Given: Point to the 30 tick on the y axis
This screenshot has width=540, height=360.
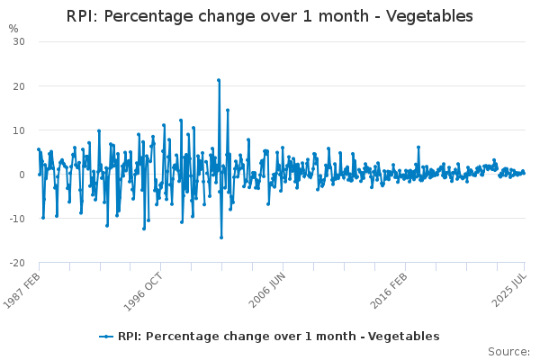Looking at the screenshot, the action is click(19, 41).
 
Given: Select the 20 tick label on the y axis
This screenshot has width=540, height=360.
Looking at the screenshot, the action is click(19, 86).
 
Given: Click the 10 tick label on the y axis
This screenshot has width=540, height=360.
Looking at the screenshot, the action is click(19, 130).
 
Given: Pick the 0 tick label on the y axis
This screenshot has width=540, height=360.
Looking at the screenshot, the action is click(22, 175).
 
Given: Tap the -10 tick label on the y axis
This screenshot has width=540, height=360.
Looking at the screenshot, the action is click(17, 219).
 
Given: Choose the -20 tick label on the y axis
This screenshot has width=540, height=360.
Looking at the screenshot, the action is click(17, 263).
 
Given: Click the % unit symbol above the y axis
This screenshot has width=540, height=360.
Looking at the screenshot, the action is click(13, 29).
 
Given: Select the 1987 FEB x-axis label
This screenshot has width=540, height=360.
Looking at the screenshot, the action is click(22, 291).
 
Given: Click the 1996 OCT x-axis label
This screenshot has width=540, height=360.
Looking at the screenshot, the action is click(143, 292).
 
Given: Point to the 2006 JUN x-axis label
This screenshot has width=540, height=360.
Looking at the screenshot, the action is click(267, 290).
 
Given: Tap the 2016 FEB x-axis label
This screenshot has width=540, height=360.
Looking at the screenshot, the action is click(389, 291).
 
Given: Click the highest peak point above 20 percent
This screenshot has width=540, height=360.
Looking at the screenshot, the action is click(219, 80).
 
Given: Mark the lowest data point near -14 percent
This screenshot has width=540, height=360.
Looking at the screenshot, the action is click(221, 238).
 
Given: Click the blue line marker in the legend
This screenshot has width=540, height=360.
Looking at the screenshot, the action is click(106, 337).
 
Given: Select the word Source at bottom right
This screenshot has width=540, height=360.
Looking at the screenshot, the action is click(508, 352).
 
